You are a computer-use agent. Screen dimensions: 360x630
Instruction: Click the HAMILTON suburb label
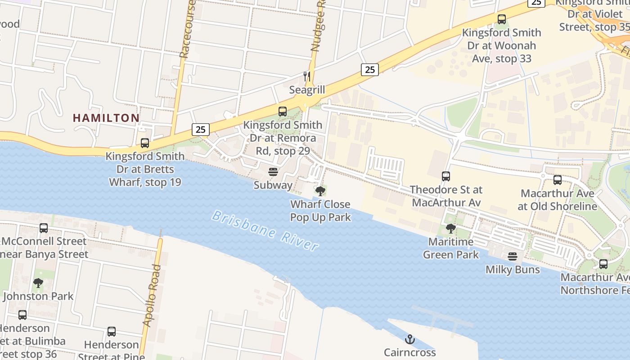click(106, 118)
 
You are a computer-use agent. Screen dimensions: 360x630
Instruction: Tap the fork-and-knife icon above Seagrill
click(307, 76)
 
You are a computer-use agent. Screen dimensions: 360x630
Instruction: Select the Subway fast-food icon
click(273, 171)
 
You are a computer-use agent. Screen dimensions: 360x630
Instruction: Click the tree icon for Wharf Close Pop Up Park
click(320, 191)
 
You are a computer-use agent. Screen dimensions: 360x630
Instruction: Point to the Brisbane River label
click(265, 230)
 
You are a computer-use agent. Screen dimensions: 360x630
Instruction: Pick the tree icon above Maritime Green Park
click(450, 229)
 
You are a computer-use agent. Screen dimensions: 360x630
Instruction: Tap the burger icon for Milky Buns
click(513, 256)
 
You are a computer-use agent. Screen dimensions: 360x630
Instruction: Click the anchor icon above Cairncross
click(409, 339)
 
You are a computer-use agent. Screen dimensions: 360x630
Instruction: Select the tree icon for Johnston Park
click(38, 283)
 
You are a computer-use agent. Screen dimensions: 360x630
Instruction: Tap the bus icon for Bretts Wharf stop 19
click(145, 143)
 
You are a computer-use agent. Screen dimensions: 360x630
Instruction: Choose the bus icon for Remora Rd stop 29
click(283, 112)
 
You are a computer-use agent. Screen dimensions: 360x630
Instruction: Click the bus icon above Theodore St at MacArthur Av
click(446, 176)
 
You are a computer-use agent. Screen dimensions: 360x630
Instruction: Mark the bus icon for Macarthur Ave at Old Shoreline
click(558, 180)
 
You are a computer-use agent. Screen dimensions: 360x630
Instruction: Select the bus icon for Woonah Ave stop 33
click(502, 19)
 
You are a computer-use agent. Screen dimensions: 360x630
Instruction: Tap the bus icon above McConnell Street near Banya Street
click(44, 228)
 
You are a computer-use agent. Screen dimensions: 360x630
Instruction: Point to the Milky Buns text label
click(513, 270)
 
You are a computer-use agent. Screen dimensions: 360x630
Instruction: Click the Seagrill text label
click(307, 90)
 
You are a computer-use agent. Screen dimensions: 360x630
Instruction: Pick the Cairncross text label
click(409, 352)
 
